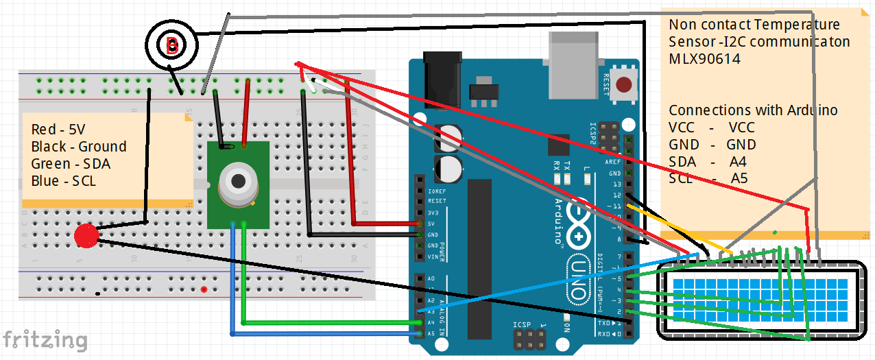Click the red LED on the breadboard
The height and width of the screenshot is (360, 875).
coord(86,236)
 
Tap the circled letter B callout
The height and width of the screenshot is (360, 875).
coord(171,46)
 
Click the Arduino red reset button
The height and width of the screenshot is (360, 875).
coord(623,86)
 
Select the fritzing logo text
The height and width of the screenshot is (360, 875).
coord(45,340)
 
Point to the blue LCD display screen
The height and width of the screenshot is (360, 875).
coord(760,299)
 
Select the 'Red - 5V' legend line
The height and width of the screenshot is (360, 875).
coord(58,130)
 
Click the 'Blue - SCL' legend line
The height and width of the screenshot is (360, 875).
coord(63,181)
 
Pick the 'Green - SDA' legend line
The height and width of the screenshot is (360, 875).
coord(70,164)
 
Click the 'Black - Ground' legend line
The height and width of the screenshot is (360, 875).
coord(78,147)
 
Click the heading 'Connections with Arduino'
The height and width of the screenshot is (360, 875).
coord(752,110)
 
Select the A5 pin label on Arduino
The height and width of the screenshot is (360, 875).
coord(430,334)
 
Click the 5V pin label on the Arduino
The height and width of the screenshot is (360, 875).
coord(431,224)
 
